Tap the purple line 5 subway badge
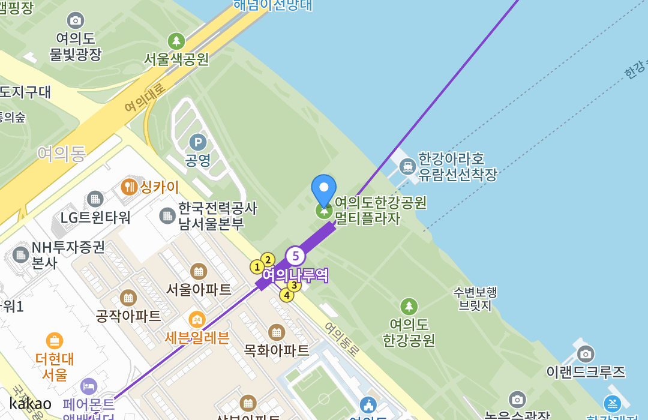(295, 256)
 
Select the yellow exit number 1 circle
(257, 267)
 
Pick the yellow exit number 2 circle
(268, 260)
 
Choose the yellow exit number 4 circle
(287, 295)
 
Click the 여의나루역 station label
(295, 275)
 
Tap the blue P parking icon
(197, 142)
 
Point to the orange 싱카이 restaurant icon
(129, 187)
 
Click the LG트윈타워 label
(95, 217)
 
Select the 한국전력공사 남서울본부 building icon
(167, 215)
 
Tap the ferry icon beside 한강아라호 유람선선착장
(407, 166)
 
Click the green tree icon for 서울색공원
(176, 41)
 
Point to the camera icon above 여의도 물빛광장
(76, 20)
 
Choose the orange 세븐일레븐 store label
(197, 337)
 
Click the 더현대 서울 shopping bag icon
(55, 341)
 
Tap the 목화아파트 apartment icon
(277, 332)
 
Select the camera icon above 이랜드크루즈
(586, 353)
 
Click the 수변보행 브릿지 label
(475, 299)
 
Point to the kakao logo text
(30, 403)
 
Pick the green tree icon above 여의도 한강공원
(409, 307)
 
